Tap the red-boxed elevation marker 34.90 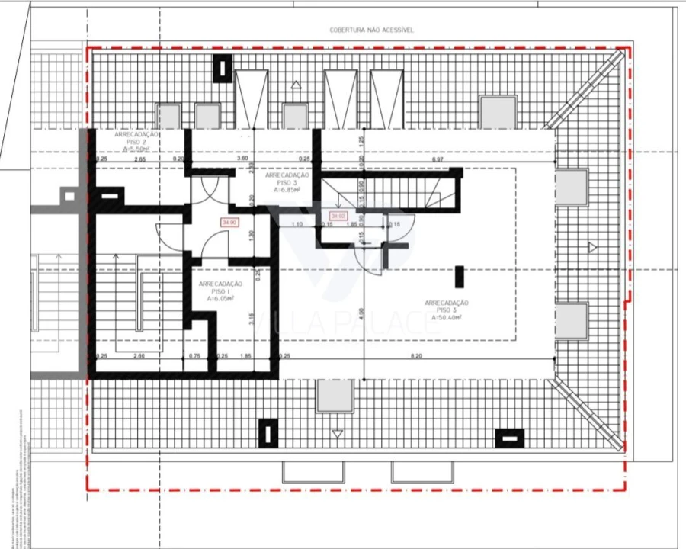tap(229, 223)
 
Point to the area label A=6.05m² tap(220, 299)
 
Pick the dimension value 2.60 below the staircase tap(139, 356)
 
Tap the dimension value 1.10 tap(297, 224)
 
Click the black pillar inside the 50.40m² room tap(459, 276)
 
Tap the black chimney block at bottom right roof tap(509, 438)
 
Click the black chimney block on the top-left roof tap(222, 69)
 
